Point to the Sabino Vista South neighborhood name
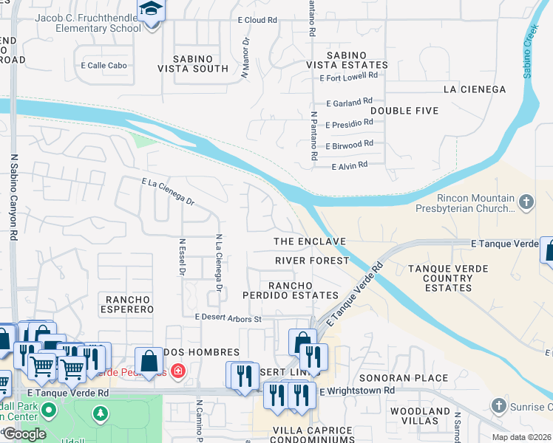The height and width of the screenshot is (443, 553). click(193, 63)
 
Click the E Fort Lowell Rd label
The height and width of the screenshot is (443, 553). click(348, 75)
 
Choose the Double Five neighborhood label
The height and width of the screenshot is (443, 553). click(404, 111)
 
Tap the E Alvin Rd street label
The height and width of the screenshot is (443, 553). click(349, 165)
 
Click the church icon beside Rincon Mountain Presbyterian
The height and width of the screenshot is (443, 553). click(526, 201)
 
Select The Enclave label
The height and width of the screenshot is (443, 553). click(310, 241)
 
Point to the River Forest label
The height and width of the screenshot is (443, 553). click(311, 261)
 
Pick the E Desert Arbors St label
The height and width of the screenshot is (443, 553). click(228, 318)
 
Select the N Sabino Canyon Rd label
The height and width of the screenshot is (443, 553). click(14, 196)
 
